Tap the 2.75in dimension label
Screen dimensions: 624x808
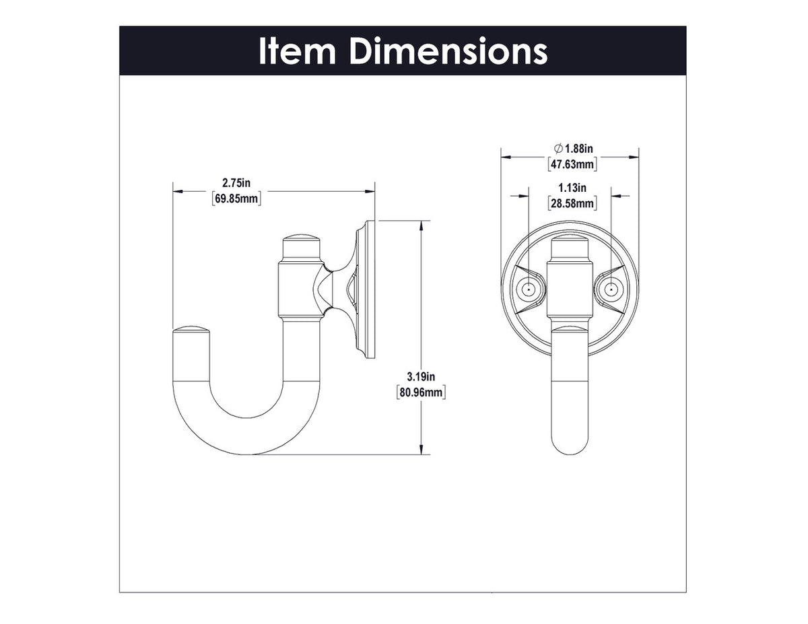tap(236, 183)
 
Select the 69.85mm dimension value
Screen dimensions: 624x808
tap(236, 199)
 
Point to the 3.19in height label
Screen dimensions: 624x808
tap(422, 376)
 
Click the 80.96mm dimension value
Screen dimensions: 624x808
tap(422, 391)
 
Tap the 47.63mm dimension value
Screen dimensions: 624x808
tap(570, 164)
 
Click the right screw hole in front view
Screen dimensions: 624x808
tap(611, 290)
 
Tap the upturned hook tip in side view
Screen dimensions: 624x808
tap(193, 333)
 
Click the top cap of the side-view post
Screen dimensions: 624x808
tap(300, 241)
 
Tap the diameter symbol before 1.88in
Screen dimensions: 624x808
tap(558, 148)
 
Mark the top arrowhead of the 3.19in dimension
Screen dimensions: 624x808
tap(422, 226)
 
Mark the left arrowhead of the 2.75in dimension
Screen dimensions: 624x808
tap(178, 192)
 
